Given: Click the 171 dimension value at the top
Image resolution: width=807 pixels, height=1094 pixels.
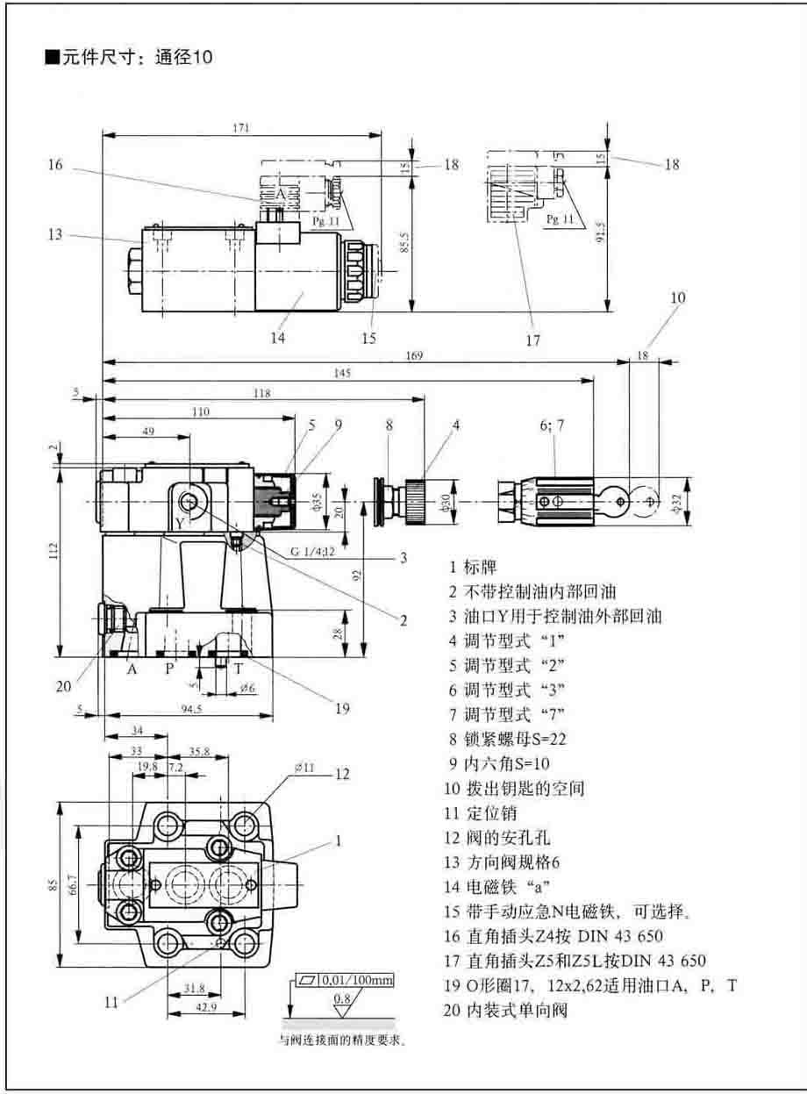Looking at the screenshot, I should click(240, 128).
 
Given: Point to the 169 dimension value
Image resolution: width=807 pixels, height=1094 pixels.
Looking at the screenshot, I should click(415, 355).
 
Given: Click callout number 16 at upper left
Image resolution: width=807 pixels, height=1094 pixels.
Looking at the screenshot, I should click(54, 164).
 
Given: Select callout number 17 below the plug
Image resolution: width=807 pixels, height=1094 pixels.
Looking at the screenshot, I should click(532, 340).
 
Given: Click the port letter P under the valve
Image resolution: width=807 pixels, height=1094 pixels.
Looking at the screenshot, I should click(171, 668).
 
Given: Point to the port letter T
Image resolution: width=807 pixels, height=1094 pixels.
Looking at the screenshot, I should click(238, 668).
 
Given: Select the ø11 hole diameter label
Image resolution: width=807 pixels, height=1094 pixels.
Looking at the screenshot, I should click(305, 768).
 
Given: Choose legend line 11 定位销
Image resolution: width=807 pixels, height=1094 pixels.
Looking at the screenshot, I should click(480, 812).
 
